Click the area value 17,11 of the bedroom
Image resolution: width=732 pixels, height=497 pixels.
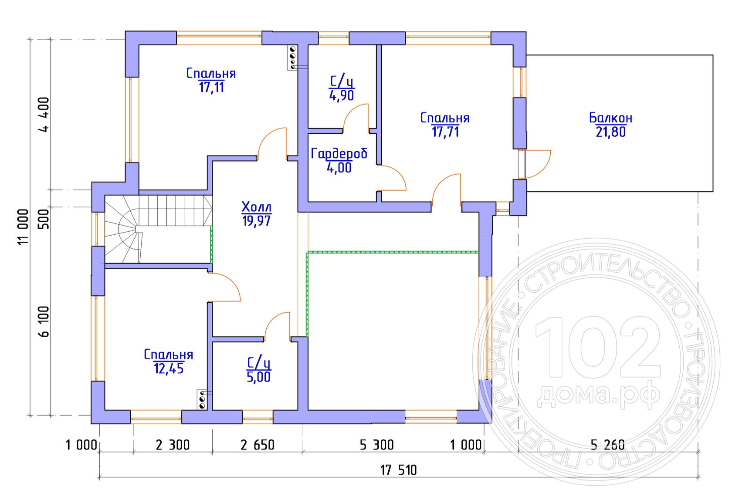[211, 88]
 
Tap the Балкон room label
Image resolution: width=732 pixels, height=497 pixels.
[610, 118]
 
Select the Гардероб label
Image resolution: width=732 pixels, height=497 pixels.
[339, 154]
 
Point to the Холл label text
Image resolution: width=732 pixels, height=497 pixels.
[257, 207]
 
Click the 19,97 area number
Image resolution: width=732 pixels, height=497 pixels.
[257, 221]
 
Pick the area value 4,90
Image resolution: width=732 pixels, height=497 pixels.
[342, 95]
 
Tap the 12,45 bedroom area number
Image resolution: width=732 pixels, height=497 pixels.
[169, 369]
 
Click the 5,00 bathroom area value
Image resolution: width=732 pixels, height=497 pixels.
[258, 377]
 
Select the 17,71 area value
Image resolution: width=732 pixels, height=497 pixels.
[445, 132]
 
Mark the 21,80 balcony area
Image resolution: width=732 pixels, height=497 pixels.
[610, 132]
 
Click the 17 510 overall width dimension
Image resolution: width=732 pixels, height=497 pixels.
[398, 470]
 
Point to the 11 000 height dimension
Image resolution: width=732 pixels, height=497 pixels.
[24, 227]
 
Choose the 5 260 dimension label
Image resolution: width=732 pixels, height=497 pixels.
[607, 445]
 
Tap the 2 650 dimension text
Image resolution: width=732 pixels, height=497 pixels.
[257, 445]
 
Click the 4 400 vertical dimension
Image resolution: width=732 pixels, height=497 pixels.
[44, 115]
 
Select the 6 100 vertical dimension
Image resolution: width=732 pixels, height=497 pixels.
[44, 321]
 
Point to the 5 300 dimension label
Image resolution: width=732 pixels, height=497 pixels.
[376, 445]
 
